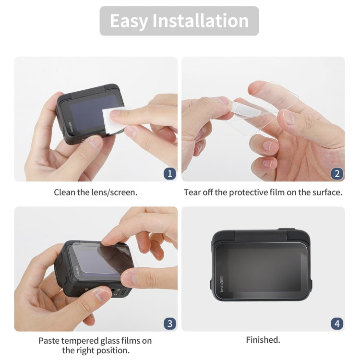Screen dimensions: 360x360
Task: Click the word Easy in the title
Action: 128,21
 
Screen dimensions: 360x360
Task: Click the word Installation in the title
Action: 200,21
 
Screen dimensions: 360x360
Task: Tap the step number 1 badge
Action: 169,173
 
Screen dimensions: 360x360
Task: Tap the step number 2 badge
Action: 337,173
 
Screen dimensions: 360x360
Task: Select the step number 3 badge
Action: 169,324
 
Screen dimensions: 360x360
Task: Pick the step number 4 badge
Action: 337,324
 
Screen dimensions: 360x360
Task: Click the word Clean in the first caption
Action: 64,192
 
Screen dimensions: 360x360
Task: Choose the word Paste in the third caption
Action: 50,340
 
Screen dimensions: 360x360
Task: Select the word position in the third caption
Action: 112,350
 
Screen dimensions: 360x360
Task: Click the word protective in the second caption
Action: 256,192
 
